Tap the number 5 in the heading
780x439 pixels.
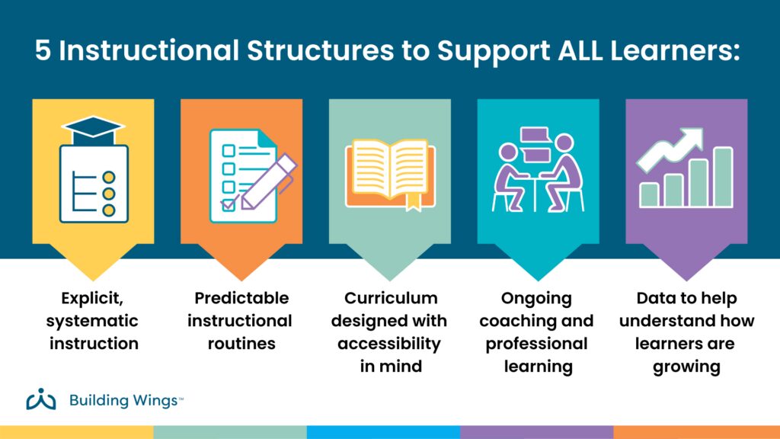pos(44,51)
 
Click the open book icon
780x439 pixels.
pos(389,172)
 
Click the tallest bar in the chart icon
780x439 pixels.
pos(723,177)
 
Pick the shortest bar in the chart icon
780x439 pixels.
pos(649,194)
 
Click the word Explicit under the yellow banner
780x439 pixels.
pos(94,298)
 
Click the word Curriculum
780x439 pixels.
pos(391,298)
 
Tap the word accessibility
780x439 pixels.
pos(391,343)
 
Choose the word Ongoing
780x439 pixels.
pos(536,298)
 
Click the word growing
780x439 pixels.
pos(686,366)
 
